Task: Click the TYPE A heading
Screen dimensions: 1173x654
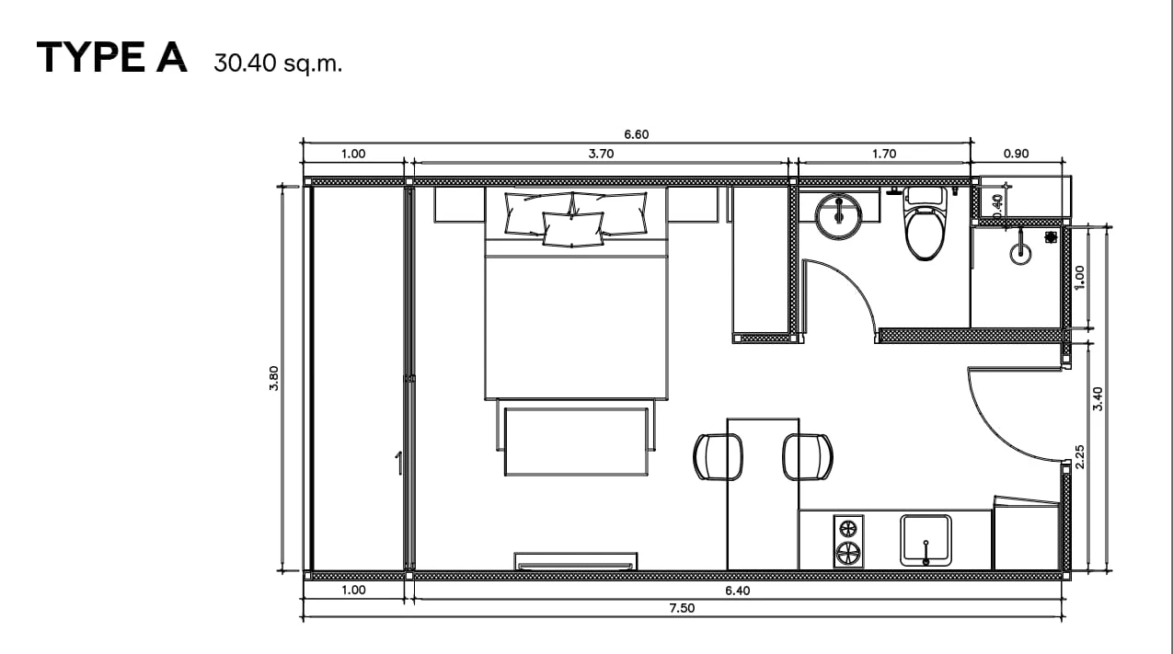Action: pyautogui.click(x=111, y=57)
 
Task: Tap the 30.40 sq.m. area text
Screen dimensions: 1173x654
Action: pyautogui.click(x=278, y=63)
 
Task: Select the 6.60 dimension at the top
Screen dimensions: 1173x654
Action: pyautogui.click(x=637, y=134)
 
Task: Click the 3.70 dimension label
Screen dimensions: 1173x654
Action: pyautogui.click(x=601, y=154)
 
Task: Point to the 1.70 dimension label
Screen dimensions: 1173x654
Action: pyautogui.click(x=884, y=154)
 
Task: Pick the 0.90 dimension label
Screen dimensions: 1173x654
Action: pyautogui.click(x=1016, y=154)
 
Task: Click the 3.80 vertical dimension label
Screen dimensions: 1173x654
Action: pyautogui.click(x=274, y=378)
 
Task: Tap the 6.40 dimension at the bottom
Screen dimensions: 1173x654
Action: pyautogui.click(x=737, y=591)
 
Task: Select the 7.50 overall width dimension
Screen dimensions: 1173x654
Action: pyautogui.click(x=682, y=608)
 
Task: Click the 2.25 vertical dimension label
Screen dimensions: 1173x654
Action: pyautogui.click(x=1079, y=457)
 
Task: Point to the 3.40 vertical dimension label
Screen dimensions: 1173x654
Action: pyautogui.click(x=1098, y=399)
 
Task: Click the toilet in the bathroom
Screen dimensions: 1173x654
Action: pyautogui.click(x=926, y=224)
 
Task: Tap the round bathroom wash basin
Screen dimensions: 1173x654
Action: pyautogui.click(x=838, y=216)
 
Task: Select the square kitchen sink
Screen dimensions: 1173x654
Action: pyautogui.click(x=926, y=540)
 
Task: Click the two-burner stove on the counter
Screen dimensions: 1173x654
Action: pyautogui.click(x=848, y=542)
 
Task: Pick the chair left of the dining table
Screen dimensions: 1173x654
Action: pyautogui.click(x=718, y=456)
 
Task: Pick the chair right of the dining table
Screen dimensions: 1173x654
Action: pyautogui.click(x=808, y=456)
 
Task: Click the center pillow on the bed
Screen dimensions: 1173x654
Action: pyautogui.click(x=572, y=229)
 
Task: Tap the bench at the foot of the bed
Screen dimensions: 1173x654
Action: pyautogui.click(x=576, y=442)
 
